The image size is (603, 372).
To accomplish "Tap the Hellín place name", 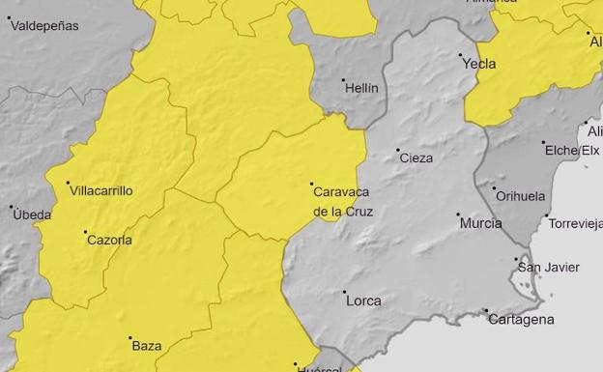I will [x=361, y=88].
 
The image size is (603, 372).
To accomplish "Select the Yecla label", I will [x=479, y=64].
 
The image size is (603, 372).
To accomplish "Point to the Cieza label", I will [x=416, y=157].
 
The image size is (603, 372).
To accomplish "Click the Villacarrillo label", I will [x=101, y=191].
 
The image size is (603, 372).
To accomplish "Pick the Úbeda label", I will [x=32, y=215].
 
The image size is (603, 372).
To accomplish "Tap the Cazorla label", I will [x=109, y=240].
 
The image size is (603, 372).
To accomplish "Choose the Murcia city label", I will [x=480, y=223].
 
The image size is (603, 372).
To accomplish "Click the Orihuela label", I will [x=520, y=195].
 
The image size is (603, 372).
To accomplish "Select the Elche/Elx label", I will [x=572, y=151].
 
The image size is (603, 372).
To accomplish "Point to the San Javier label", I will [x=549, y=268].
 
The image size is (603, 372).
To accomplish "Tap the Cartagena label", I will [x=521, y=319].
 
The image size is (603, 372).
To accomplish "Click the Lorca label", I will [x=363, y=300].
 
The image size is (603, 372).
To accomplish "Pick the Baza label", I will [x=147, y=345].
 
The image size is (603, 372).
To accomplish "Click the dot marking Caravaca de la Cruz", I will [x=311, y=184].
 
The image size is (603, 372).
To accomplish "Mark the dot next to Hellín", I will [x=343, y=80].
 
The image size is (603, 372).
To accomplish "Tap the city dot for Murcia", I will [x=458, y=215].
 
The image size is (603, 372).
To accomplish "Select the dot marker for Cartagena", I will [x=486, y=310].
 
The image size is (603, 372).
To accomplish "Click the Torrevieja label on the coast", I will [x=576, y=223].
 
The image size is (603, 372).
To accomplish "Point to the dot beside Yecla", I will [x=460, y=55].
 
